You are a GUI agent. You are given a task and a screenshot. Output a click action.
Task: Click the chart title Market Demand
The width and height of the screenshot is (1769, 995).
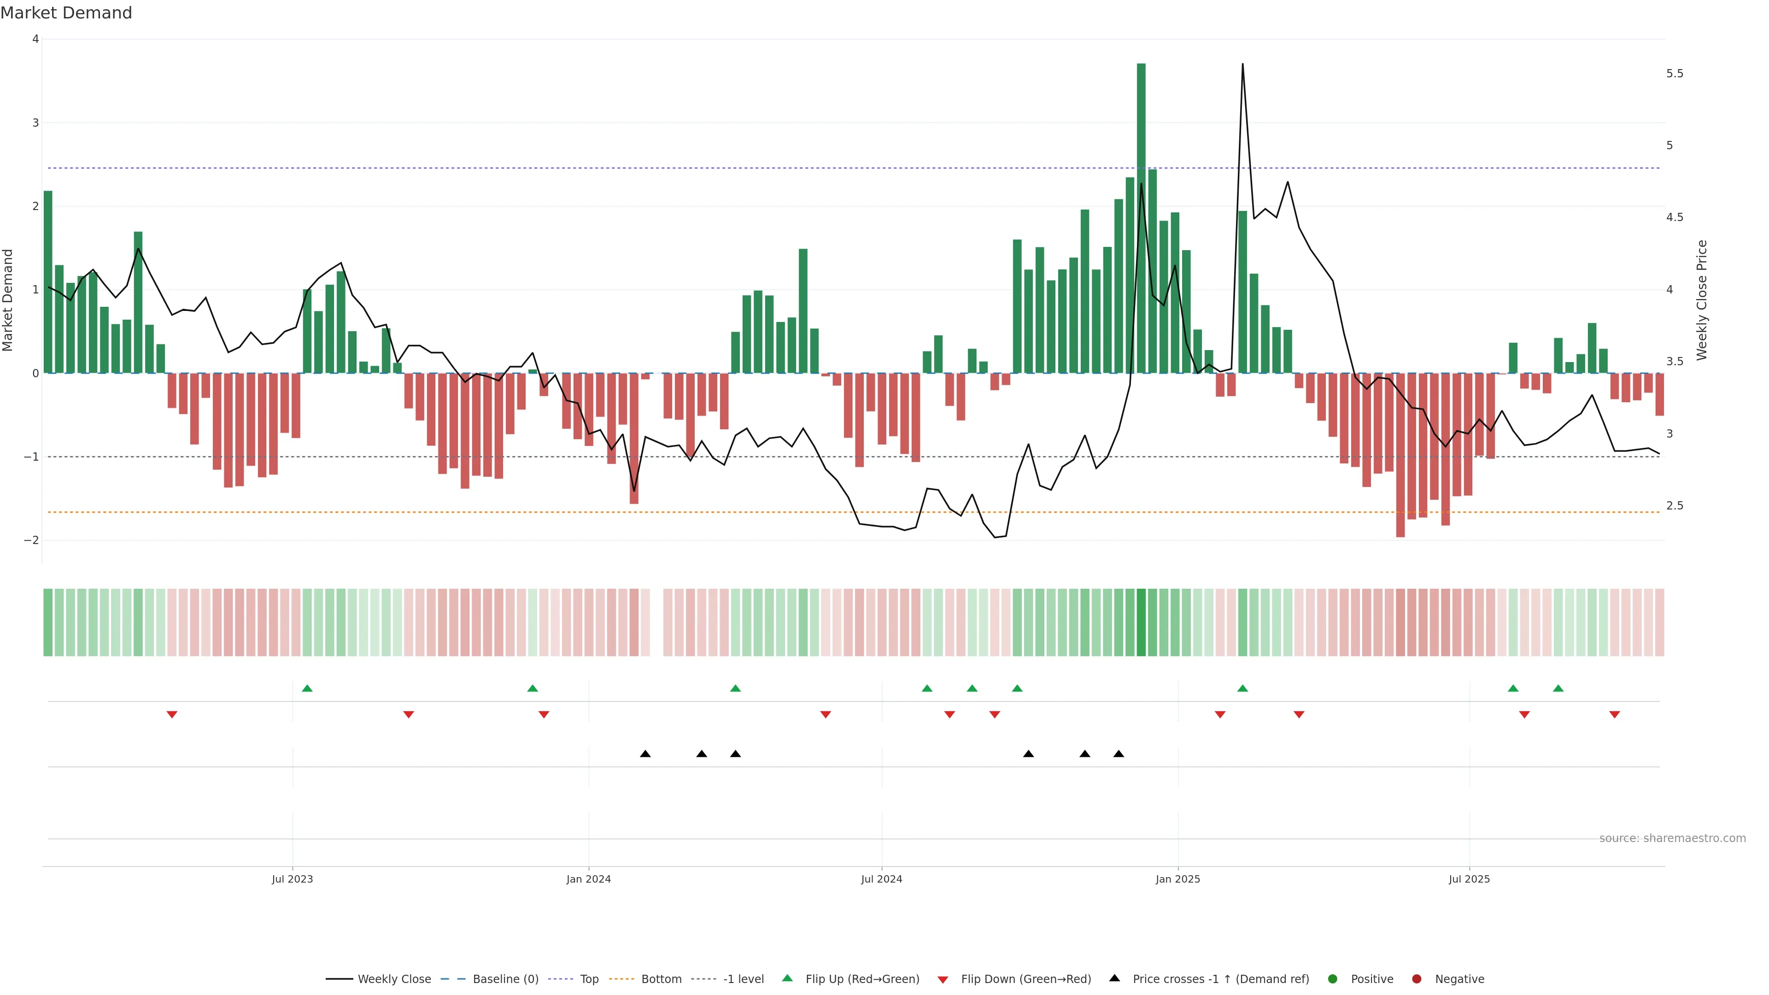pyautogui.click(x=66, y=13)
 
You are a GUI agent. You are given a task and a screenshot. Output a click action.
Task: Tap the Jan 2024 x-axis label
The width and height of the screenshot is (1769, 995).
pyautogui.click(x=589, y=879)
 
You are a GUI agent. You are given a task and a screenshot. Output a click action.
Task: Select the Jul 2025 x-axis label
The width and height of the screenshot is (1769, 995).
pyautogui.click(x=1469, y=879)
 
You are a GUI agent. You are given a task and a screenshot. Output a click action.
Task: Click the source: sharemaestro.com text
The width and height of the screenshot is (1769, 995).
pyautogui.click(x=1672, y=838)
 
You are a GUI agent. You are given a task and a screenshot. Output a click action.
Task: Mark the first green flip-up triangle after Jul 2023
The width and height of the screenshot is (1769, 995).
pyautogui.click(x=307, y=688)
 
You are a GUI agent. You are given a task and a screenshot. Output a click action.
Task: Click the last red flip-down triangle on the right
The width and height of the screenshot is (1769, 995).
pyautogui.click(x=1615, y=715)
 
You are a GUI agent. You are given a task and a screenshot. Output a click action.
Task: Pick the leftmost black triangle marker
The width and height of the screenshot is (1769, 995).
pyautogui.click(x=645, y=754)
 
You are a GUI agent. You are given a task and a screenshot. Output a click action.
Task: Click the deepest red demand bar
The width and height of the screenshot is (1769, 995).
pyautogui.click(x=1400, y=455)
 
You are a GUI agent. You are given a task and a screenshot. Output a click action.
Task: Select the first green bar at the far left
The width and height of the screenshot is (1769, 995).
pyautogui.click(x=48, y=281)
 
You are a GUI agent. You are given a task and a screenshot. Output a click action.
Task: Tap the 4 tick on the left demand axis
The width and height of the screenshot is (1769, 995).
pyautogui.click(x=35, y=39)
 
